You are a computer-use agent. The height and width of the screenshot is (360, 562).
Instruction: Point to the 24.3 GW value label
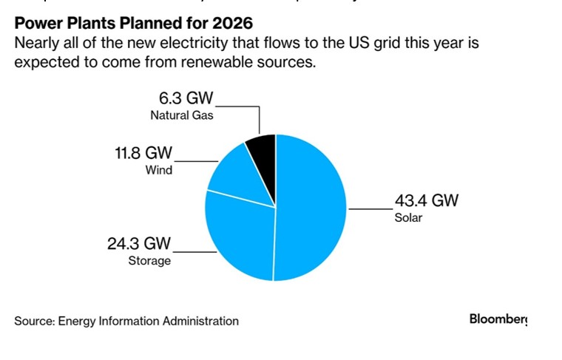pos(139,244)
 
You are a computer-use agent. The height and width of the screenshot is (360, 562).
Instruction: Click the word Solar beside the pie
pos(408,218)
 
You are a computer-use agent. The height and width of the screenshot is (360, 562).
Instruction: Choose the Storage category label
pos(150,260)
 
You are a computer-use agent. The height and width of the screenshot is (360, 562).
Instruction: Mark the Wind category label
pos(158,170)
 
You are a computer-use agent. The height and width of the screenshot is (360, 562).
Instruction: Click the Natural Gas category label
pos(182,116)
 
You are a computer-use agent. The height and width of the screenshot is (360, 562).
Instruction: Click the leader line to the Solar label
pos(370,210)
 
